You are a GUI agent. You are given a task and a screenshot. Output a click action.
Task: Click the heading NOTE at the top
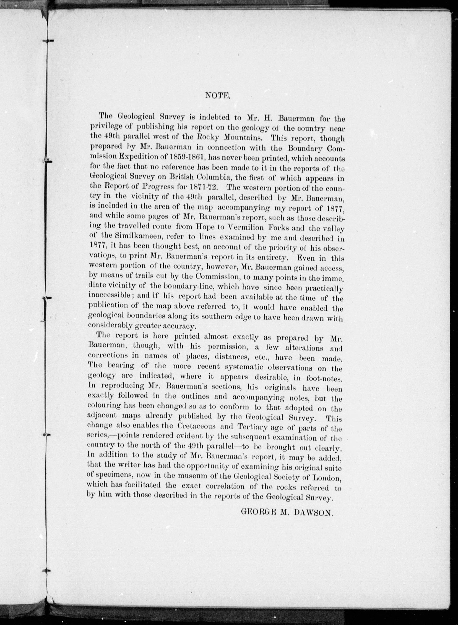click(218, 96)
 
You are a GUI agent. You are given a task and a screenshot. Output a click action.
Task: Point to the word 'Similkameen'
click(130, 236)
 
